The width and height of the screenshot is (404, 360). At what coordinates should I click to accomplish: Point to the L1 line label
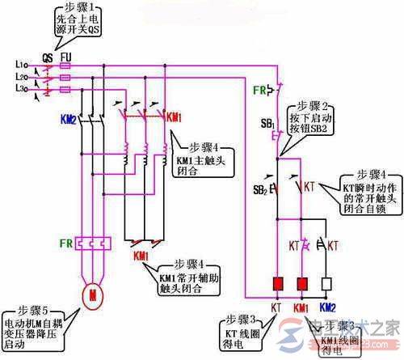(x=20, y=63)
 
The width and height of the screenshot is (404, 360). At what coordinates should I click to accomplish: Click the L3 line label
(x=20, y=87)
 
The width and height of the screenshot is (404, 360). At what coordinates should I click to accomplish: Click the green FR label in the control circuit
(x=261, y=88)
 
